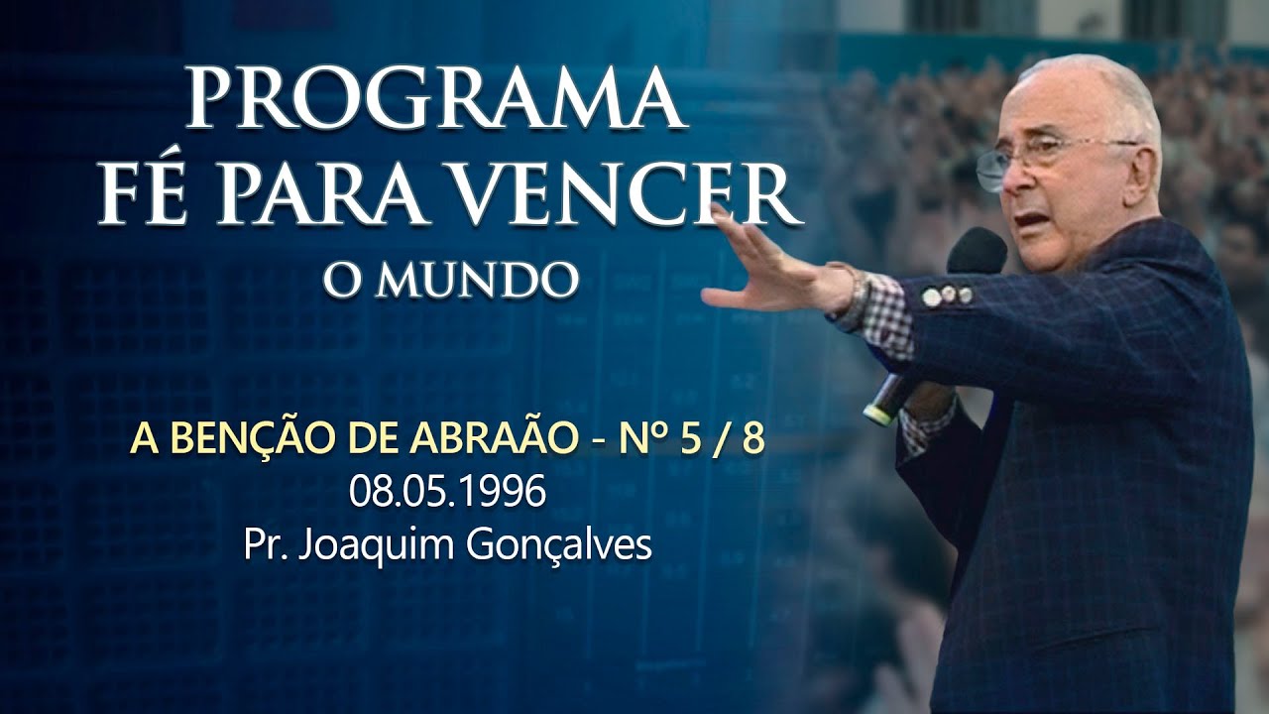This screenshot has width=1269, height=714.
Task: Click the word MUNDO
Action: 477,281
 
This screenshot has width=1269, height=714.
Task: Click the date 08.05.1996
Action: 447,493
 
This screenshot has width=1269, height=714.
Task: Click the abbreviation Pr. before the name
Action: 260,545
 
